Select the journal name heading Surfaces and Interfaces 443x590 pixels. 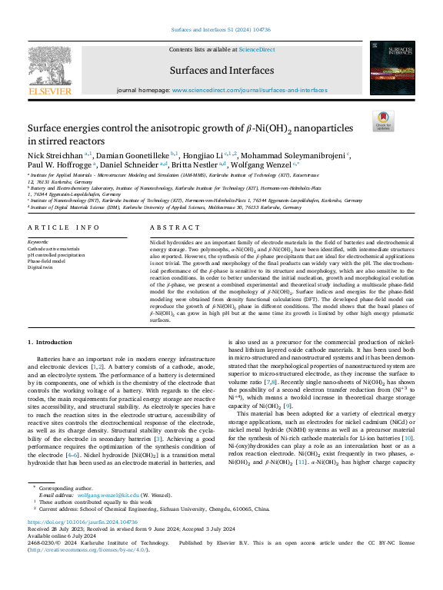[x=221, y=67]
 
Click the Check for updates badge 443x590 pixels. [x=382, y=121]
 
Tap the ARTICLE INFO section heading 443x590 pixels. [x=64, y=227]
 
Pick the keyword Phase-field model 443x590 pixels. [x=49, y=261]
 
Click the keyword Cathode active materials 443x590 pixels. [x=54, y=249]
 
